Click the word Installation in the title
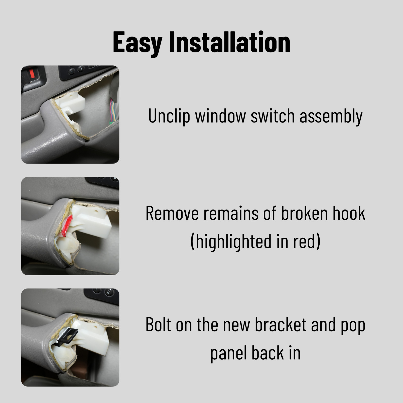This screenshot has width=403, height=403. tap(230, 42)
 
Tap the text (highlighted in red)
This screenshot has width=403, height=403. tap(255, 241)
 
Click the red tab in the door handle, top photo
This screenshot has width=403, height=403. tap(32, 74)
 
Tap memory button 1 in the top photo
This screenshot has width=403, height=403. tap(72, 72)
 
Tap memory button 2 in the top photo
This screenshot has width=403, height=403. tap(81, 69)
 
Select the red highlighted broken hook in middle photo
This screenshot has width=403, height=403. tap(67, 226)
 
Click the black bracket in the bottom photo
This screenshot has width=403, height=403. tap(68, 337)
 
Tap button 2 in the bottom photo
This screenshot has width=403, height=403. tap(109, 292)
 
